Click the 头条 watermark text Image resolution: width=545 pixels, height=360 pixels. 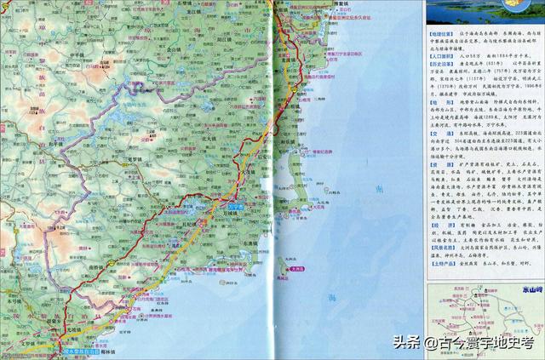tap(406, 343)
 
